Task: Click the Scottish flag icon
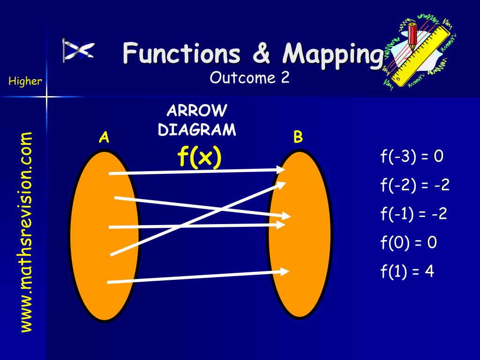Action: point(78,50)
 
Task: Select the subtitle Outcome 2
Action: point(249,78)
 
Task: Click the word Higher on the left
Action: point(25,81)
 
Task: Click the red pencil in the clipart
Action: point(412,35)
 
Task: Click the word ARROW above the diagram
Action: point(197,111)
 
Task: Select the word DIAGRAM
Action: point(197,130)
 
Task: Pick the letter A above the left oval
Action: point(104,137)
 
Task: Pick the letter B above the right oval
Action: point(298,137)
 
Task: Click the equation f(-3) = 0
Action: point(412,156)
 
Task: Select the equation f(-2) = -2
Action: point(415,185)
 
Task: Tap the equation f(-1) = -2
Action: point(413,214)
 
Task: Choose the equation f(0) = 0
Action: point(409,242)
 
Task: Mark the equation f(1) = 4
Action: point(407,271)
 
